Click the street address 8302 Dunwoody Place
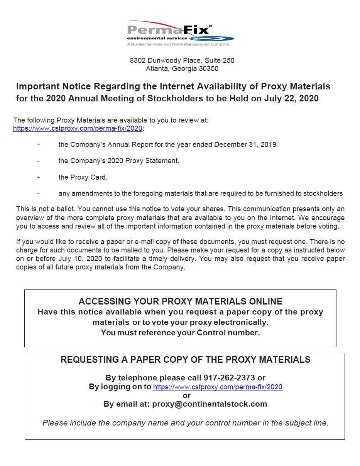tap(166, 61)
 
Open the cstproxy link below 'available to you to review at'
tap(78, 128)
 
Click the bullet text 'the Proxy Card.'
tap(83, 177)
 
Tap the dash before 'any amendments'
tap(38, 193)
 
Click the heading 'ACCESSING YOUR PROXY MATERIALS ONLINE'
tap(180, 301)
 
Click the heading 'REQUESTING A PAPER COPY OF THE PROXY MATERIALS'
tap(185, 360)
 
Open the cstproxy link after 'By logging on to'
tap(218, 387)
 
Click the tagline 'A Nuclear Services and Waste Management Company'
tap(178, 44)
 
